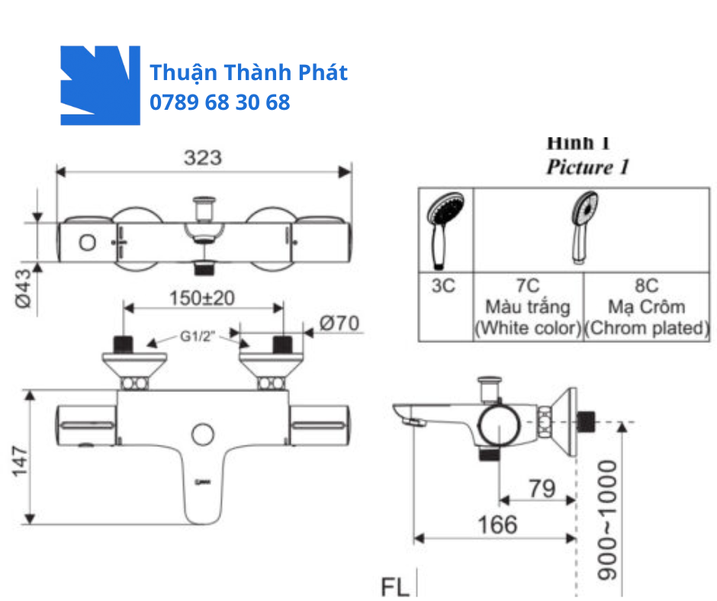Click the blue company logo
coord(100,85)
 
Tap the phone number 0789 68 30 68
coord(220,102)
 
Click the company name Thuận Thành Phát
coord(249,72)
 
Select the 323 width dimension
coord(203,157)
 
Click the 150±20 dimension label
coord(202,297)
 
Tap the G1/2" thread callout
coord(196,336)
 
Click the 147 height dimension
coord(20,459)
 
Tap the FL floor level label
coord(395,587)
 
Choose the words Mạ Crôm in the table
coord(646,307)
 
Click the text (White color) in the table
coord(527,329)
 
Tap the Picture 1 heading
coord(587,167)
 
